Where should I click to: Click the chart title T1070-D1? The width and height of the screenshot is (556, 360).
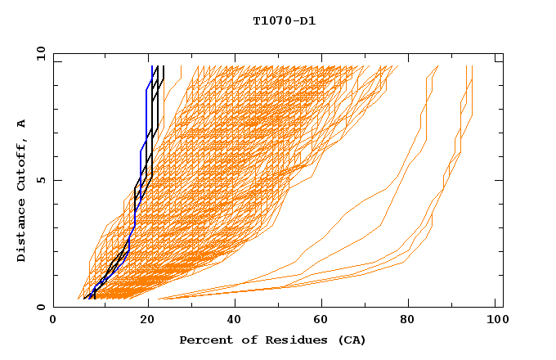click(284, 21)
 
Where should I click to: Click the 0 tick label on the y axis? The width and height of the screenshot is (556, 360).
click(42, 307)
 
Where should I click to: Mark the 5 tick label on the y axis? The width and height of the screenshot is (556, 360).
click(42, 180)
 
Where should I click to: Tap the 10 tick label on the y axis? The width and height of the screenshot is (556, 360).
click(38, 53)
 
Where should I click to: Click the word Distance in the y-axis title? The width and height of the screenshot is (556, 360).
click(21, 229)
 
